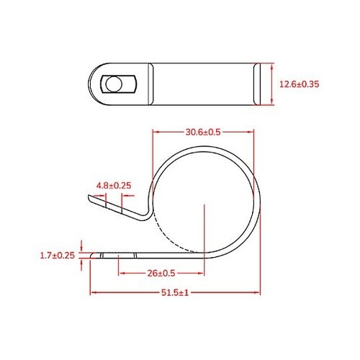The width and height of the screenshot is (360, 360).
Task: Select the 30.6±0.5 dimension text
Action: pos(203,132)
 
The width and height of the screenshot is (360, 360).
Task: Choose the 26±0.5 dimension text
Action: pos(166,273)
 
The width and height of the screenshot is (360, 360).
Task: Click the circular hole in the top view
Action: pos(112,84)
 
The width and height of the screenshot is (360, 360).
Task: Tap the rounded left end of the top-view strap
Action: pos(93,84)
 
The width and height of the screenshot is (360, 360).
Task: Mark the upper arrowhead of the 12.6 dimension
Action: pos(271,66)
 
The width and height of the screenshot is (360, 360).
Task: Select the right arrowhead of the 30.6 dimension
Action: pos(253,132)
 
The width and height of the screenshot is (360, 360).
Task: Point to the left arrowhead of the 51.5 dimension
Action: pos(93,292)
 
